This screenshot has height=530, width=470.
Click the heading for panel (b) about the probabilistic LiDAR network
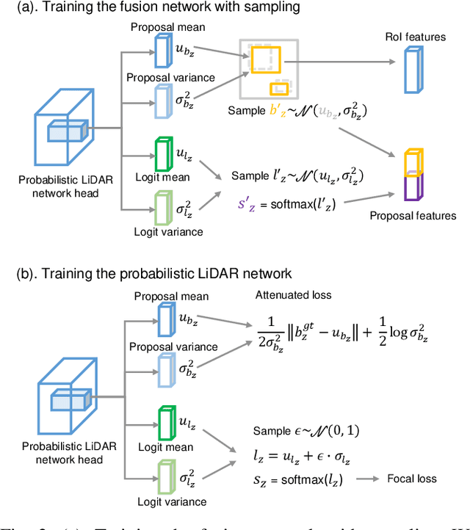(154, 273)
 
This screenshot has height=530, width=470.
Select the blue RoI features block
(416, 70)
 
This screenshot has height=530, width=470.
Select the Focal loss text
(412, 479)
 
